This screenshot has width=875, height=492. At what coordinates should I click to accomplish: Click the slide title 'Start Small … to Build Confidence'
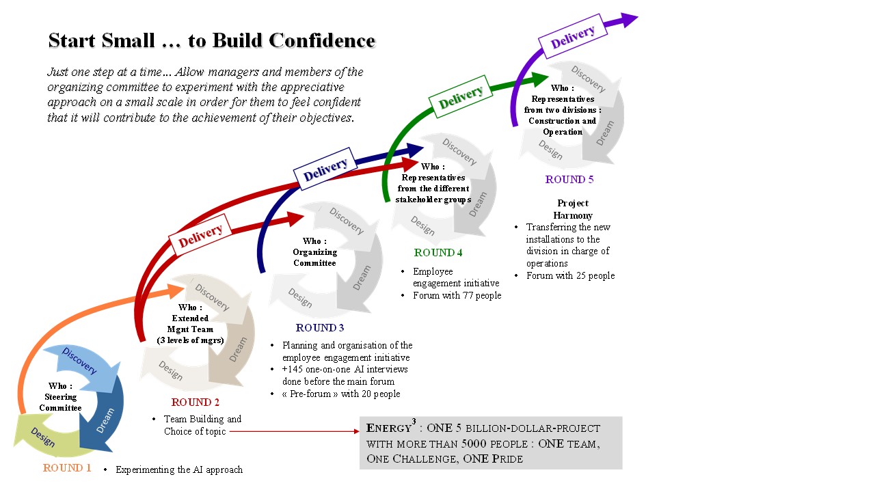212,41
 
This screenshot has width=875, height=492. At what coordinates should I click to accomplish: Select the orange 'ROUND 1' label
67,468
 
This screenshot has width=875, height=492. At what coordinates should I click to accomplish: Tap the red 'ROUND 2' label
196,402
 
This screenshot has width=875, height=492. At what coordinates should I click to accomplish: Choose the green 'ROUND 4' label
438,253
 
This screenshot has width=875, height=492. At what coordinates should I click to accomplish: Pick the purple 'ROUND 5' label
569,180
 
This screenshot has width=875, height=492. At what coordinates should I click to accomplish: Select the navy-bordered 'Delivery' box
325,168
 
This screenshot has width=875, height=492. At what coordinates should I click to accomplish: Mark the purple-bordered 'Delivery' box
573,36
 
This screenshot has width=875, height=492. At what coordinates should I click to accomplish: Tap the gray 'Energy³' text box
490,443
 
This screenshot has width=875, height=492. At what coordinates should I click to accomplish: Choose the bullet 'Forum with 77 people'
457,296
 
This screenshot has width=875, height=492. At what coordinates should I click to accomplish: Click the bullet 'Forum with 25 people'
570,276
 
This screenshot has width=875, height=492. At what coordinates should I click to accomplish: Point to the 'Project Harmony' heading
573,209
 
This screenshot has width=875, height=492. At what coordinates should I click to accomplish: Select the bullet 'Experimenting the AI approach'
178,469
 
